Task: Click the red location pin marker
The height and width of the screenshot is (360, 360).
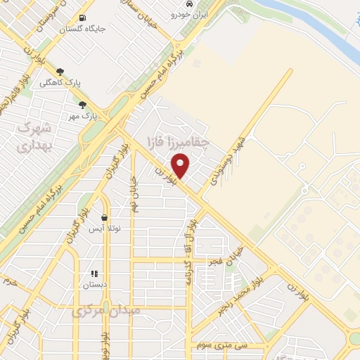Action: click(x=181, y=166)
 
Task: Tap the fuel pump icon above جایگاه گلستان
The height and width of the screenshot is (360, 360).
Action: click(x=84, y=18)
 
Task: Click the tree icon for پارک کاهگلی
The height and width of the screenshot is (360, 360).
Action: click(x=60, y=71)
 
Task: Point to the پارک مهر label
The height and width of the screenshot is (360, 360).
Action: click(x=83, y=115)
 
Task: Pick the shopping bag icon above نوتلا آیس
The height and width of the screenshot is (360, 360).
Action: click(x=105, y=219)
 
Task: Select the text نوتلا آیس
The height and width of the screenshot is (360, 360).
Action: click(x=105, y=229)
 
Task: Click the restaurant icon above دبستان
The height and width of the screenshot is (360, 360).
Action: click(x=94, y=274)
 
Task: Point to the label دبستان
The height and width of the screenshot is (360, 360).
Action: click(x=94, y=285)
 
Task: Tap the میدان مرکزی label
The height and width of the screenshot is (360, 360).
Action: click(x=107, y=310)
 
